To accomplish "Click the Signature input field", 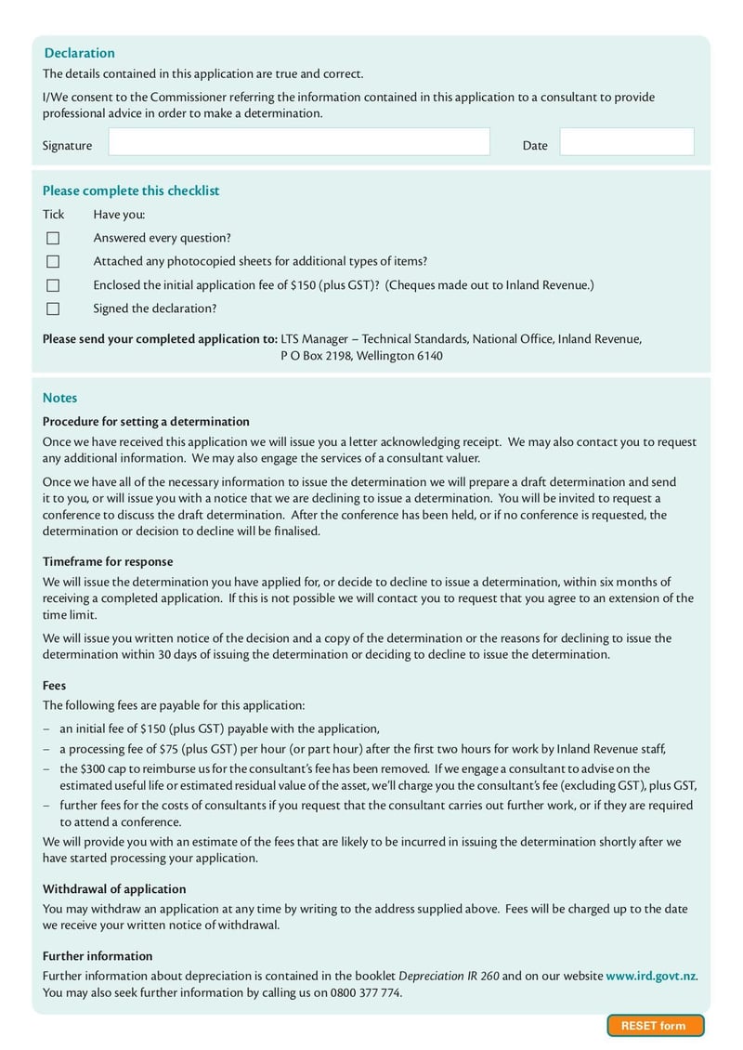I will (x=299, y=142).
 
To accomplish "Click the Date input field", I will (x=627, y=142).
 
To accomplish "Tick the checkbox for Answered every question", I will (x=53, y=239).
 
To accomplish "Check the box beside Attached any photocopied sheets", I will (x=53, y=262).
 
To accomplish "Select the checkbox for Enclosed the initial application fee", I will (x=53, y=285).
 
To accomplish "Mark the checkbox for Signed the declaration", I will (x=53, y=308).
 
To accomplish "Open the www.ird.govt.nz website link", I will (x=650, y=976).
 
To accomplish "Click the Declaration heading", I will (x=80, y=53).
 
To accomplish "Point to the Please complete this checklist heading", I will (x=131, y=190).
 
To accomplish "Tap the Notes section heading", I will (x=60, y=398).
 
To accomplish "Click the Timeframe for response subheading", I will (x=108, y=561).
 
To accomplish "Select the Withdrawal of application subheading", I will (x=114, y=888).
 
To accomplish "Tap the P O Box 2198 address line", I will (x=361, y=356).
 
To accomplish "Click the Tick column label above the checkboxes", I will (x=53, y=215).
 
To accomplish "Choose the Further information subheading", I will (x=98, y=955).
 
